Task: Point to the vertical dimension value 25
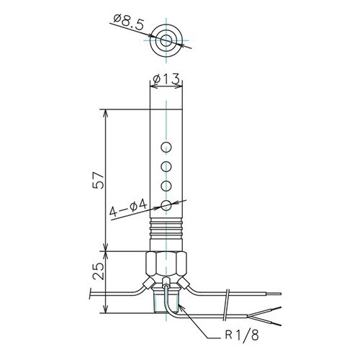(99, 271)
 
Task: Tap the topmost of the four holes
(166, 148)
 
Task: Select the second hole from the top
(166, 166)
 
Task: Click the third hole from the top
(166, 186)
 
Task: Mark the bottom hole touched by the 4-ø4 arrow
(166, 205)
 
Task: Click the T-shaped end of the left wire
(89, 294)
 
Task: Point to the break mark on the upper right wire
(228, 294)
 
